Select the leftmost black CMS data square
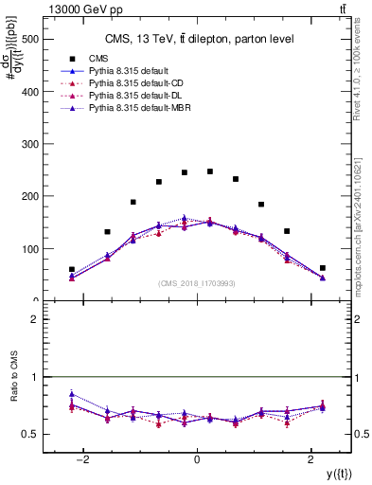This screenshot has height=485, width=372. coord(72,269)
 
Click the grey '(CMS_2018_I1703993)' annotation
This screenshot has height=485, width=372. coord(197,283)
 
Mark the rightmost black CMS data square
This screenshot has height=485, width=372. coord(323,268)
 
